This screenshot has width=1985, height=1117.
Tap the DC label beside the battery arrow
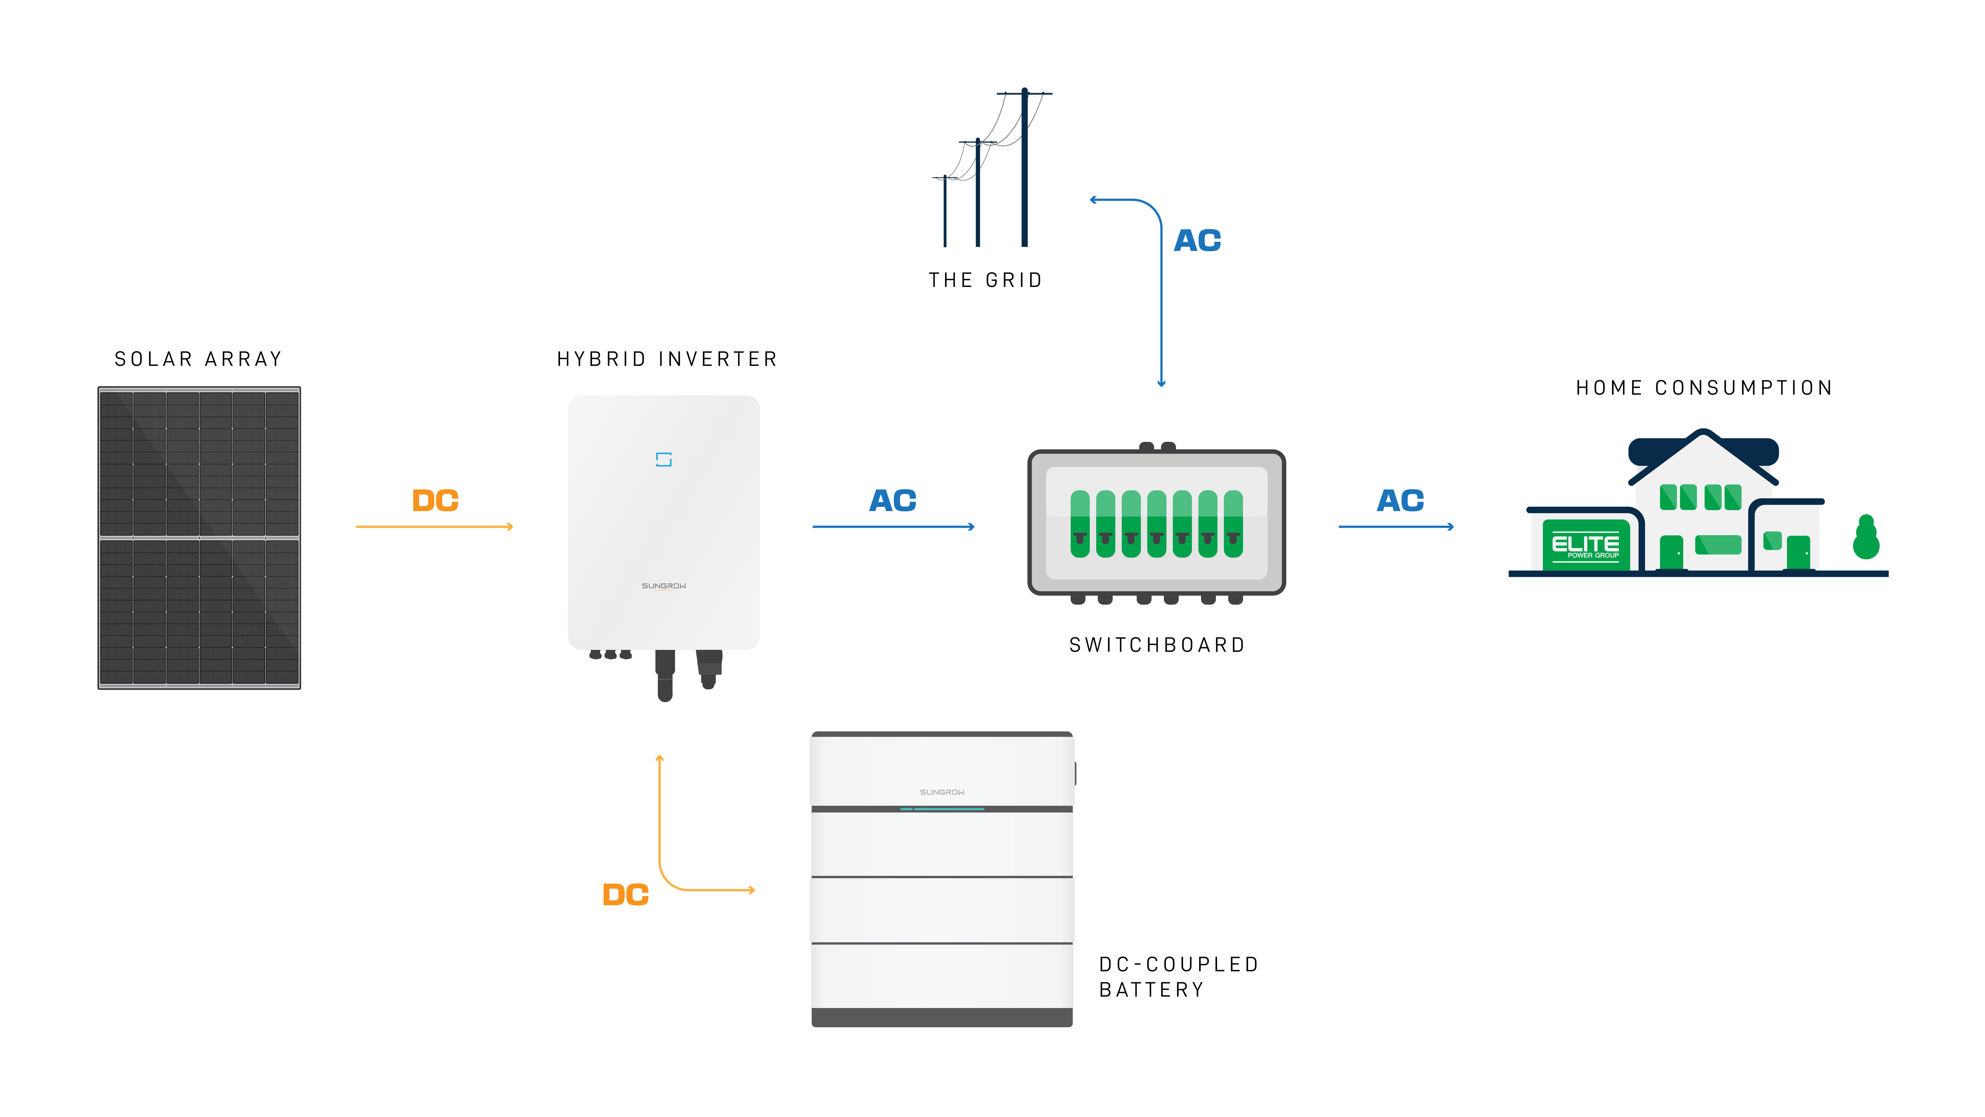click(x=625, y=895)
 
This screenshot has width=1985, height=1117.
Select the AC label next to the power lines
click(x=1197, y=241)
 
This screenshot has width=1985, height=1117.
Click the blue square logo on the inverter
click(x=663, y=459)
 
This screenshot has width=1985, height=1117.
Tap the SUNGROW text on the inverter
click(x=663, y=586)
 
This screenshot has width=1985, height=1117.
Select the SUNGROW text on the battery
click(x=942, y=792)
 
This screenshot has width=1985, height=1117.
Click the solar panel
click(x=199, y=536)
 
